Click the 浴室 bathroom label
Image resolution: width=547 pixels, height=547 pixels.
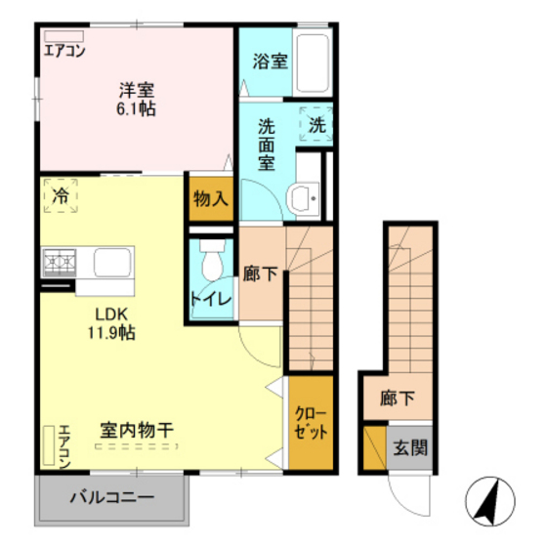click(x=270, y=62)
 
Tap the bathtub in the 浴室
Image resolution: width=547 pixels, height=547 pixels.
click(x=314, y=63)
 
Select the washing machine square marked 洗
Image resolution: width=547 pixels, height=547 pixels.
click(x=316, y=125)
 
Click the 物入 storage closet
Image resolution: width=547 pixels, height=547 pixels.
click(x=211, y=199)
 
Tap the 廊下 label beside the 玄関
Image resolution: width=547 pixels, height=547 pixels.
click(x=399, y=399)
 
